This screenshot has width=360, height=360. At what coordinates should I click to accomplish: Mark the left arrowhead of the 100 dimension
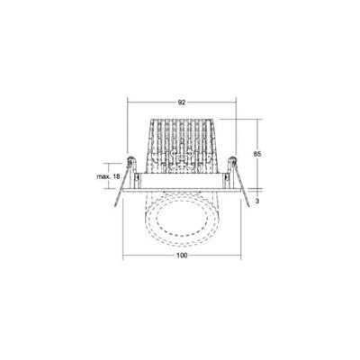[x=123, y=265]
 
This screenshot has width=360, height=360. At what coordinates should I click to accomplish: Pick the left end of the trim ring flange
[x=125, y=191]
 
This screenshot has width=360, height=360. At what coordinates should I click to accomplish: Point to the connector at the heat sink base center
[x=181, y=165]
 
